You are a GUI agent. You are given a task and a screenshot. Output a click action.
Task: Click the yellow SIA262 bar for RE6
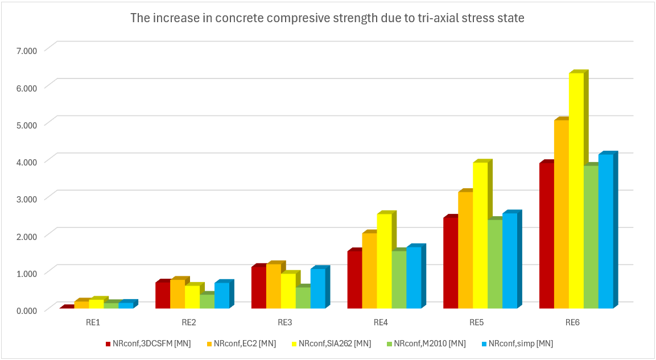[x=576, y=191]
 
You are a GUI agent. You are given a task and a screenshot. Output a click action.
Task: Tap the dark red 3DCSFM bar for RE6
[x=546, y=235]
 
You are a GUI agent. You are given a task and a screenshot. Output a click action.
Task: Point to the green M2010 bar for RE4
[x=399, y=279]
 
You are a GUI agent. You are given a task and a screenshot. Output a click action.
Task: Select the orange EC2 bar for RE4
[x=369, y=271]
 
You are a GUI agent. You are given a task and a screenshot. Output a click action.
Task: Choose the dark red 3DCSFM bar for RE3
[x=258, y=287]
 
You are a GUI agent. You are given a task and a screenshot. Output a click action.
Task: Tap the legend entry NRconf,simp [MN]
[x=520, y=343]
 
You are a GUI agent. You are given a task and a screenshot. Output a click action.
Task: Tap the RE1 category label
[x=93, y=322]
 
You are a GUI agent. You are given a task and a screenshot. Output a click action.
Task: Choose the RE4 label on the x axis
[x=381, y=322]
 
